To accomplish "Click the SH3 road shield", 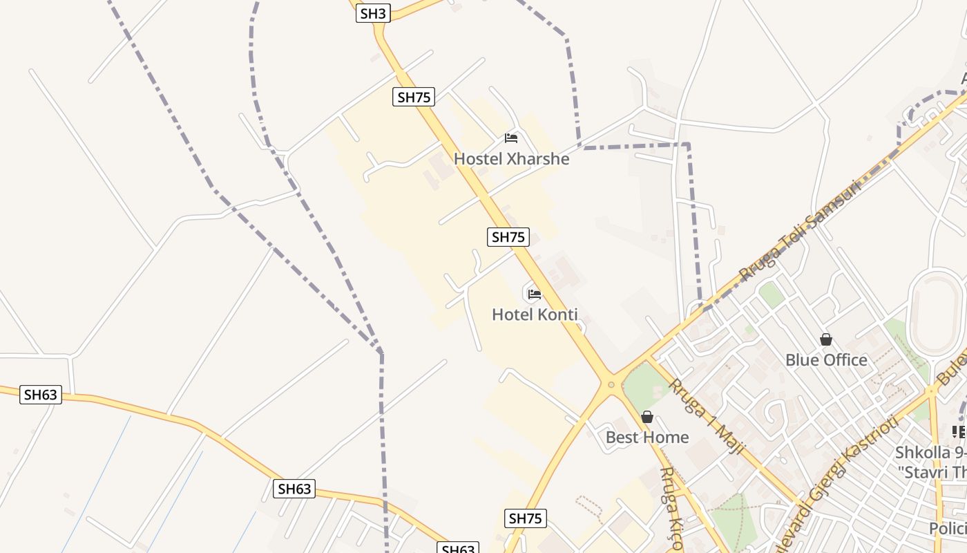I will tap(374, 12).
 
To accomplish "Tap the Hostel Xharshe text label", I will tap(512, 159).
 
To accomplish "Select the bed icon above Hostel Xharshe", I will tap(511, 138).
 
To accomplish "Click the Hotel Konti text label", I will tap(535, 315).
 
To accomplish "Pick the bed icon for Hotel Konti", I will tap(534, 294).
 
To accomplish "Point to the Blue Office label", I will tap(826, 359).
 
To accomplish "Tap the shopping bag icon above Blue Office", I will tap(826, 339).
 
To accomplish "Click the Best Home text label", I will tap(647, 437).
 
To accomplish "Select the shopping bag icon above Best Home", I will tap(647, 417).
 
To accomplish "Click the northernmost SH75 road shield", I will tap(414, 97).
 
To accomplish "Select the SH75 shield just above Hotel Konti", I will tap(508, 236).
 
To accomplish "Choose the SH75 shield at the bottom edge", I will tap(526, 518).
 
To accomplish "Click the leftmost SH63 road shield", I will tap(41, 395).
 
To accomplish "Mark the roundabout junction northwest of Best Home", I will tap(611, 384).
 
